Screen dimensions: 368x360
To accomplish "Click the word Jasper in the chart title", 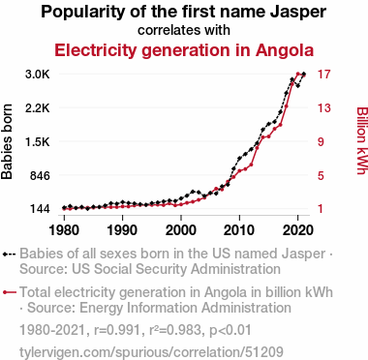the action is click(x=297, y=12).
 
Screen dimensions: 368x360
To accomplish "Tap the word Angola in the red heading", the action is click(x=285, y=50).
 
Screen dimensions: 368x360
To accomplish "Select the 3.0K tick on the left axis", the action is click(x=38, y=75).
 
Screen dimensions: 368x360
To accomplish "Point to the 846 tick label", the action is click(x=39, y=176).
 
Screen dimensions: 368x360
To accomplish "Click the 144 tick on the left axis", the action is click(x=40, y=209).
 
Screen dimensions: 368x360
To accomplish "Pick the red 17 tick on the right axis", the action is click(x=324, y=75).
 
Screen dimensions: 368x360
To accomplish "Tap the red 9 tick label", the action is click(x=321, y=141).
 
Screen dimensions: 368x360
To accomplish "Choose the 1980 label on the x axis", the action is click(x=64, y=230).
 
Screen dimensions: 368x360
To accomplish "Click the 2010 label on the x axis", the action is click(x=239, y=230).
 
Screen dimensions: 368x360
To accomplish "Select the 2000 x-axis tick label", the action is click(x=181, y=230).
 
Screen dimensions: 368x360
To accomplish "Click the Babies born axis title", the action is click(x=7, y=141).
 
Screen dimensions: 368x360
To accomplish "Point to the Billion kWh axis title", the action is click(x=361, y=140).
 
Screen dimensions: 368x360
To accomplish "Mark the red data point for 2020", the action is click(x=298, y=74).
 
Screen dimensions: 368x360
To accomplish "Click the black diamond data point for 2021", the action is click(x=304, y=75).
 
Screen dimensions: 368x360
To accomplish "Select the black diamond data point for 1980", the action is click(x=64, y=207).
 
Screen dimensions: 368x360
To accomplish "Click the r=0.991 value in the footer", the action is click(x=117, y=330).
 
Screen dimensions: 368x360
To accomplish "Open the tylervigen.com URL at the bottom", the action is click(x=151, y=352).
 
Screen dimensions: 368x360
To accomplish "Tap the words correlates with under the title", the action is click(x=184, y=30).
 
